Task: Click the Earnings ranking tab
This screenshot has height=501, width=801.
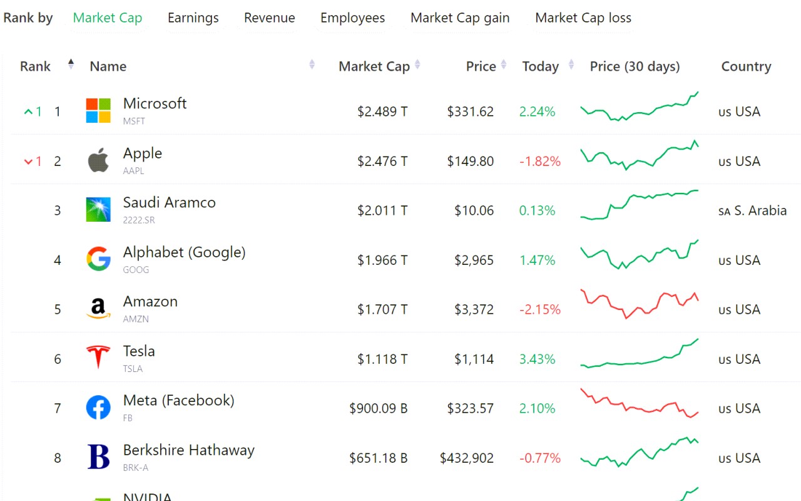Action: (x=193, y=18)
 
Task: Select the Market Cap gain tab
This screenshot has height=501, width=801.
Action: (x=460, y=18)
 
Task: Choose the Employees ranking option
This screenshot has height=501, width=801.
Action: (x=352, y=18)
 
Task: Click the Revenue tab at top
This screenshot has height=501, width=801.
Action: (x=269, y=18)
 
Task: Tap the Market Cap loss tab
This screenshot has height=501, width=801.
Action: (x=583, y=18)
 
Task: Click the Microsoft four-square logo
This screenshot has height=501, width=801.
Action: (x=98, y=111)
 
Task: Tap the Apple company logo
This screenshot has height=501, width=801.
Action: (x=98, y=160)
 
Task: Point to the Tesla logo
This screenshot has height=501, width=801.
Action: (x=98, y=358)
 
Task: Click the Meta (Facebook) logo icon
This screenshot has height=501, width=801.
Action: (x=98, y=408)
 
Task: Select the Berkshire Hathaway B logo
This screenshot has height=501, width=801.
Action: (x=98, y=457)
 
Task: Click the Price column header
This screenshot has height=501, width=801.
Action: (x=481, y=66)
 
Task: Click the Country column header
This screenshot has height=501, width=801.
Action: (x=746, y=66)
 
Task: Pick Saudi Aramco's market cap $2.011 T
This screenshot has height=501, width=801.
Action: (x=382, y=210)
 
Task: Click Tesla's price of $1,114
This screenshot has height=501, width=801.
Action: (x=474, y=359)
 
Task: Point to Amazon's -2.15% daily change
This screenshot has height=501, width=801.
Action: (x=539, y=309)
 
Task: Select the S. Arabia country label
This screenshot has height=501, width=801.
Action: (x=760, y=210)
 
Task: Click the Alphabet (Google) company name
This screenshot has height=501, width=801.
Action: (x=184, y=252)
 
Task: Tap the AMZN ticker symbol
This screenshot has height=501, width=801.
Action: (x=136, y=319)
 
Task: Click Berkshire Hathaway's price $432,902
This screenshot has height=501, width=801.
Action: (x=466, y=458)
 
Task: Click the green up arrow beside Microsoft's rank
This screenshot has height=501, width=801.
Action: (x=28, y=112)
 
